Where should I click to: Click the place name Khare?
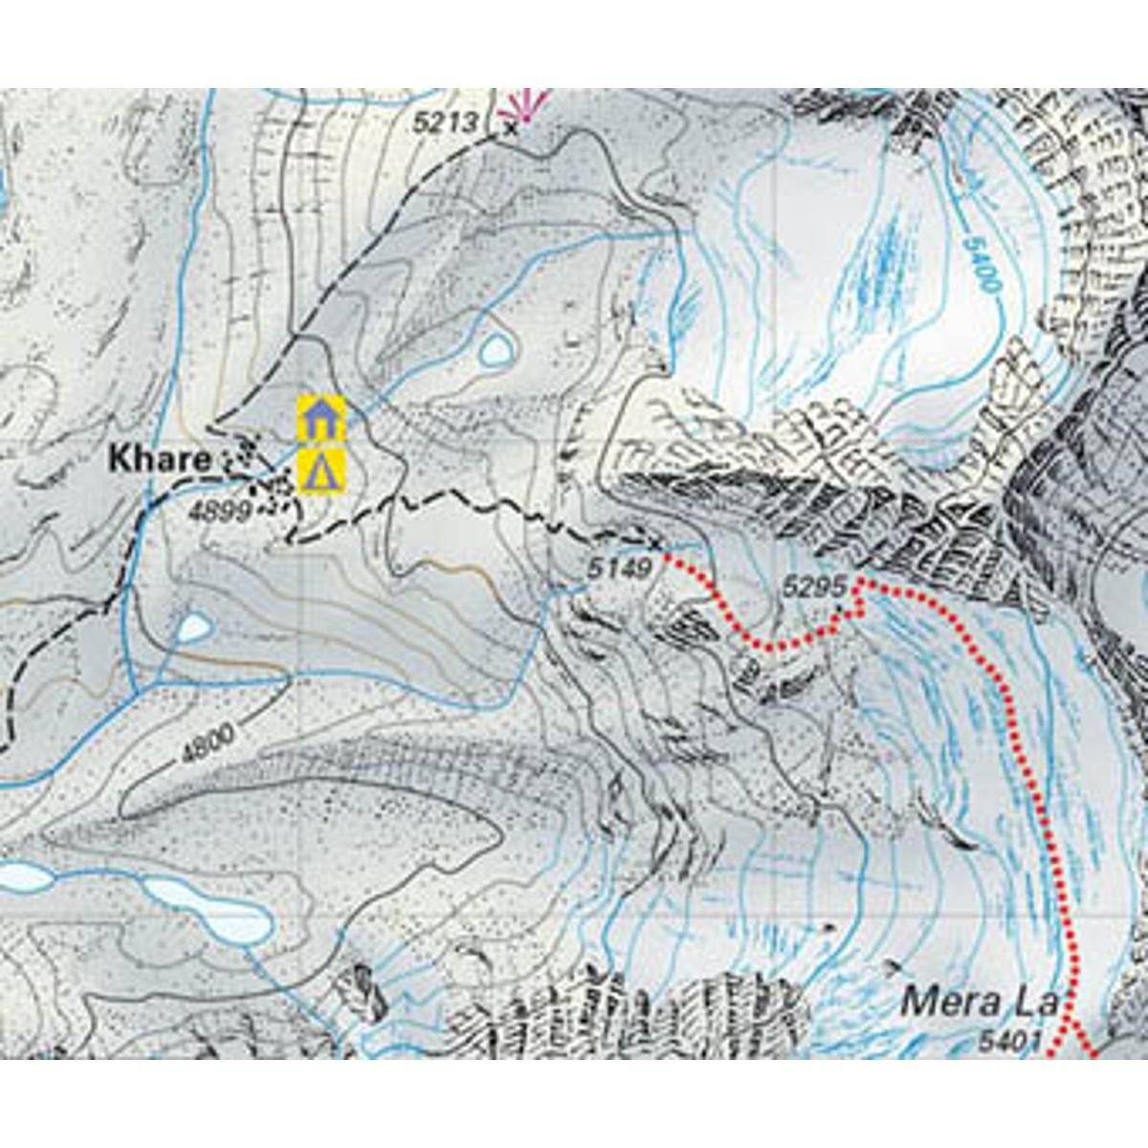pos(160,459)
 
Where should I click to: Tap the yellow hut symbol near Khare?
pos(320,417)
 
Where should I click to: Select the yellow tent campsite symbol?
pos(320,472)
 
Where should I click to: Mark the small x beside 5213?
pos(509,125)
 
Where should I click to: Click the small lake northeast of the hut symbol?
pos(496,351)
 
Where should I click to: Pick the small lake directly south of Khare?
pos(195,628)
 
